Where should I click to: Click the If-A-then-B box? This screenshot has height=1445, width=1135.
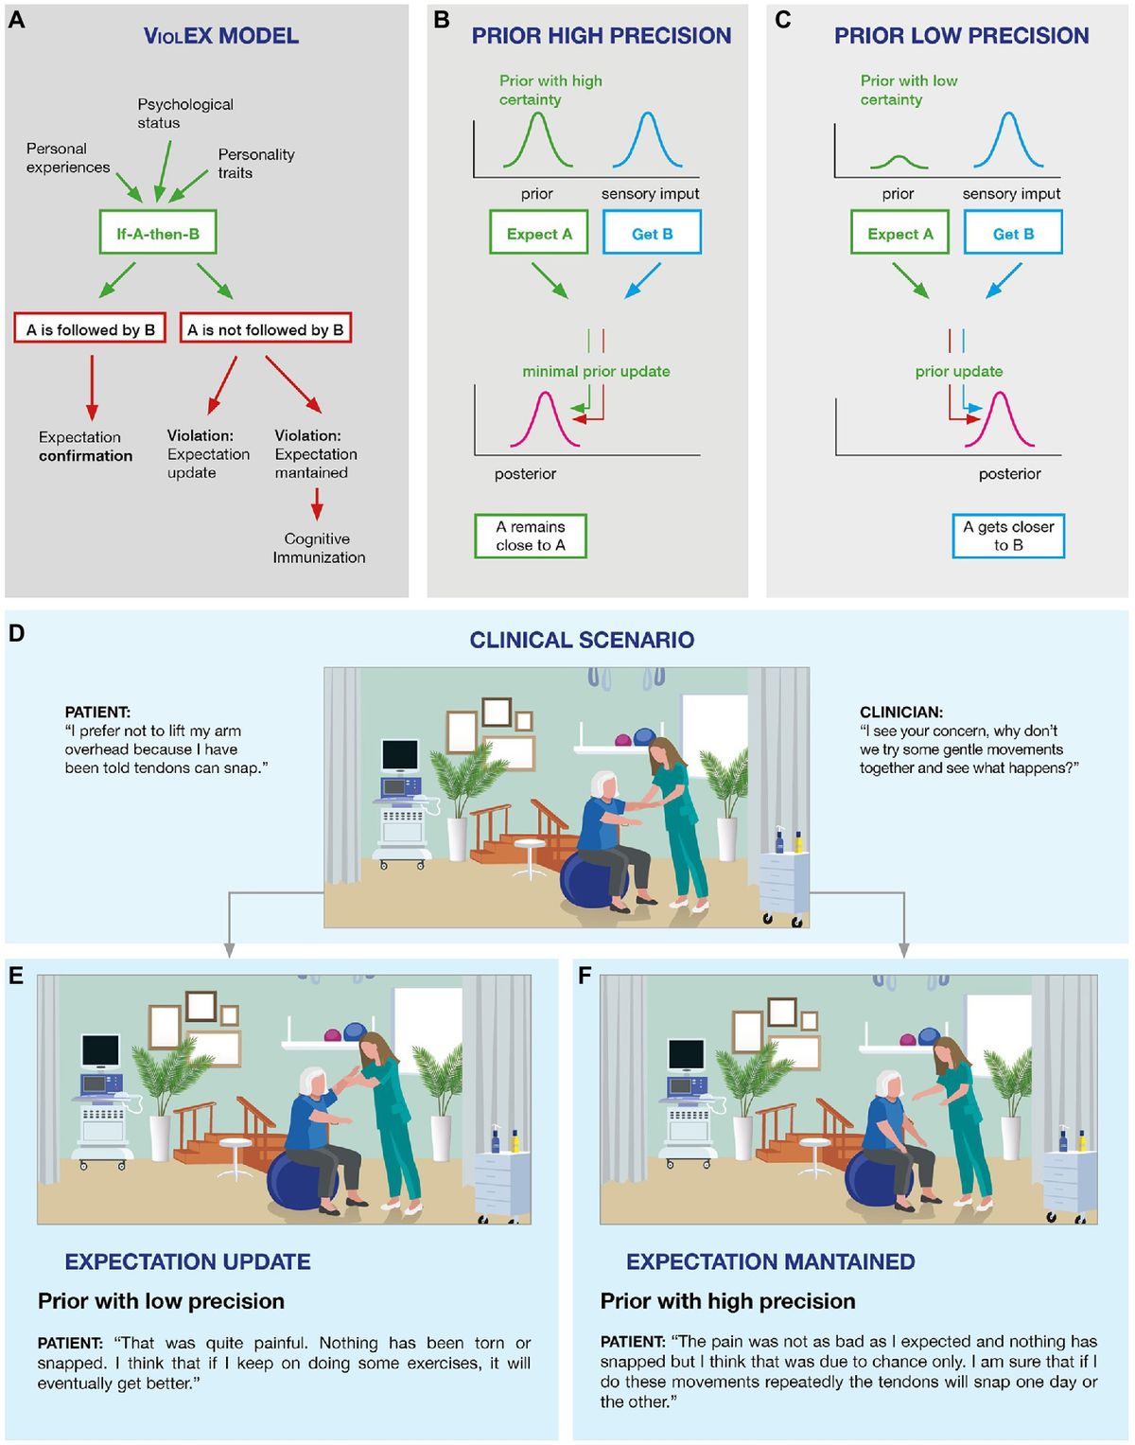point(158,233)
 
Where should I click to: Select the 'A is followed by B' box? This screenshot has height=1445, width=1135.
point(90,329)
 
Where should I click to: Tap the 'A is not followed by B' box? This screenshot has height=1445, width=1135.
point(265,329)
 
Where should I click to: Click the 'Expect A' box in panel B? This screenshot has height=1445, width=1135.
point(539,233)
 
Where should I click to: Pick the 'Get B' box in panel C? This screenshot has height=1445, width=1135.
point(1013,233)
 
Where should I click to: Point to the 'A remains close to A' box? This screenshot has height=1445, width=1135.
point(530,536)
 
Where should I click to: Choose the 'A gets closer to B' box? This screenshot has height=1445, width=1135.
point(1008,536)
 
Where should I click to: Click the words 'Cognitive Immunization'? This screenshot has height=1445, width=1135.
point(319,548)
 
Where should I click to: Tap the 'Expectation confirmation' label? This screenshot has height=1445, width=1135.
point(85,446)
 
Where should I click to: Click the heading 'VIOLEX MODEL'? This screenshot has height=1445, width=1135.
point(221,36)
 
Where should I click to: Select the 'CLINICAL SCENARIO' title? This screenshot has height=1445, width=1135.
point(582,640)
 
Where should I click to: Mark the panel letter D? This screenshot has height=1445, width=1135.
point(16,633)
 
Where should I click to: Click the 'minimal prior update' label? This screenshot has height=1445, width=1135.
point(596,371)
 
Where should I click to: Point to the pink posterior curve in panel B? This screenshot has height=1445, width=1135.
point(545,416)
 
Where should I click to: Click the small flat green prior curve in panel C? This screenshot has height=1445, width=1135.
point(899,161)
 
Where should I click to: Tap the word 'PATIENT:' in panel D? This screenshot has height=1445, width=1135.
point(97,712)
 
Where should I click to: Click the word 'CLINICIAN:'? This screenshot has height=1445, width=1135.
point(900,712)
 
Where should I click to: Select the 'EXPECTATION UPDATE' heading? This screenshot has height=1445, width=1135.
point(187,1261)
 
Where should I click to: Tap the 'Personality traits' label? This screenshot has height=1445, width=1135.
point(255,163)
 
